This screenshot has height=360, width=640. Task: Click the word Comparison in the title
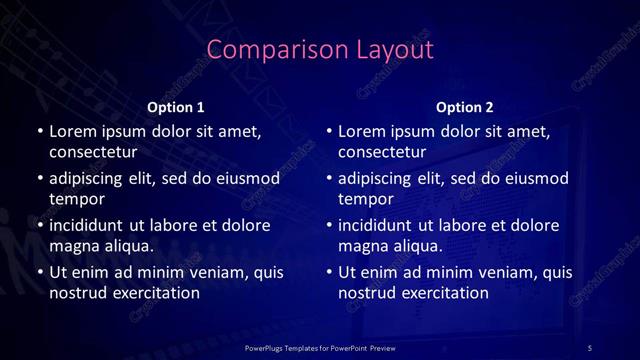(263, 50)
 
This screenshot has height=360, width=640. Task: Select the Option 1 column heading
(176, 106)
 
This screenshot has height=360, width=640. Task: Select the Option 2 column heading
(465, 106)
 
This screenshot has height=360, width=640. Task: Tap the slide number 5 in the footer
(590, 347)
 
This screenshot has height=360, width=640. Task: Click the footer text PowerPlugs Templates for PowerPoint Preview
(319, 347)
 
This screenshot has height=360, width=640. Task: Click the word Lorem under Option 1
(74, 131)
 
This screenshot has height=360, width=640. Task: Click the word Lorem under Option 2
(363, 131)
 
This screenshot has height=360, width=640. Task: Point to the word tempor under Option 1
(75, 198)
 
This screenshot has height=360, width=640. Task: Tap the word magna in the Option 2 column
(362, 245)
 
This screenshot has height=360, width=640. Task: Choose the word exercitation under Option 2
(445, 292)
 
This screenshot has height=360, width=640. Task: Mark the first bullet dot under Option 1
(39, 131)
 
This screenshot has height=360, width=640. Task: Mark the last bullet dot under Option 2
(329, 272)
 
